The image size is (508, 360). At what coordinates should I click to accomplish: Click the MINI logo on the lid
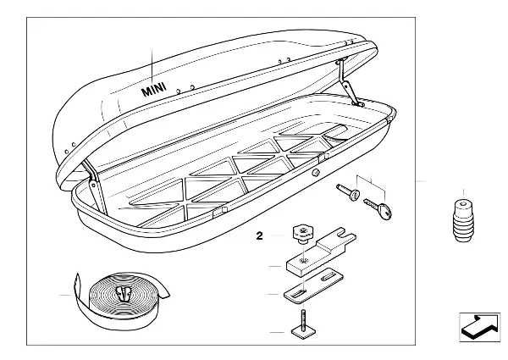[x=154, y=89]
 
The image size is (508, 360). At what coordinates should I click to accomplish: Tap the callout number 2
[x=259, y=235]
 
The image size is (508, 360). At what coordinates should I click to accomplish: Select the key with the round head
[x=378, y=208]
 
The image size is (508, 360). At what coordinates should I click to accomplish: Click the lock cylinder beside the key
[x=349, y=191]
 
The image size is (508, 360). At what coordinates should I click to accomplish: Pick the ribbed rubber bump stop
[x=464, y=220]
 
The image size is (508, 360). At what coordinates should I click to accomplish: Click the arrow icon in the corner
[x=480, y=327]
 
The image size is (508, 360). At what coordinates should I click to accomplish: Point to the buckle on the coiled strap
[x=124, y=294]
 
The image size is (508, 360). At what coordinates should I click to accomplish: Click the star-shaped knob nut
[x=303, y=234]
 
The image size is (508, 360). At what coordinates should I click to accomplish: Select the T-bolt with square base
[x=304, y=325]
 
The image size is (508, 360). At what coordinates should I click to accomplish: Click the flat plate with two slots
[x=313, y=285]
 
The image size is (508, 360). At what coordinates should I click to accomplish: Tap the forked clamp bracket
[x=321, y=251]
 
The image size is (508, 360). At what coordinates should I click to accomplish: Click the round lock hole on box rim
[x=316, y=173]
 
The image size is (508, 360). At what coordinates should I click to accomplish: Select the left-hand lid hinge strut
[x=95, y=187]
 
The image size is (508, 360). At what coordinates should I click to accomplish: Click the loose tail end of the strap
[x=77, y=283]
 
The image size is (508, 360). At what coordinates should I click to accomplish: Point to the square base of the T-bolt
[x=304, y=332]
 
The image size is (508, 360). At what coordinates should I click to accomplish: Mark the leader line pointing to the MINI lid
[x=152, y=66]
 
